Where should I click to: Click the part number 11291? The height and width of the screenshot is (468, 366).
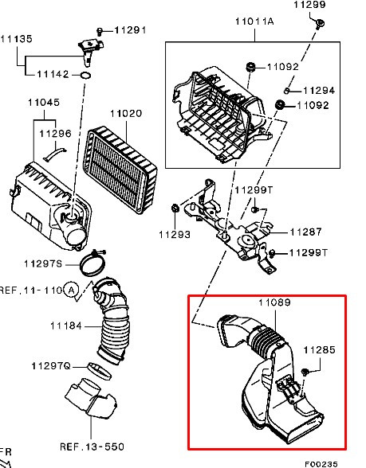click(x=130, y=30)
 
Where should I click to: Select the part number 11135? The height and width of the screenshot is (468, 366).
click(x=17, y=39)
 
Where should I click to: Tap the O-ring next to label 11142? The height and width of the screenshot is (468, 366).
click(x=86, y=75)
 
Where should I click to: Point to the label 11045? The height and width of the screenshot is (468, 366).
click(x=44, y=103)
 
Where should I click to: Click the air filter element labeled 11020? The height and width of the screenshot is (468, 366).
click(x=120, y=170)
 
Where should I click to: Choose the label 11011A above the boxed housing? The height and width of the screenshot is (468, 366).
click(x=254, y=21)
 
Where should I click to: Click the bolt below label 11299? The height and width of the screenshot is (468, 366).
click(x=320, y=24)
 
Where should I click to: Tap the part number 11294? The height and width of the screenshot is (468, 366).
click(x=319, y=91)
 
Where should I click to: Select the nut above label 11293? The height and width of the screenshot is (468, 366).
click(x=175, y=208)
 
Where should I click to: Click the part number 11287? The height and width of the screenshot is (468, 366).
click(x=305, y=232)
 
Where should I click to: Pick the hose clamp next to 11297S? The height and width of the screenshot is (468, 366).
click(x=93, y=263)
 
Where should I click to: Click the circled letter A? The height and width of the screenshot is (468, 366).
click(x=71, y=290)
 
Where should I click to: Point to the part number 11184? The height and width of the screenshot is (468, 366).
click(x=65, y=326)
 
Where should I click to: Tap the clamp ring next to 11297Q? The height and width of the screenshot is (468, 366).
click(x=99, y=371)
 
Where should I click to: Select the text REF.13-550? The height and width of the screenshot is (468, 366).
click(x=92, y=447)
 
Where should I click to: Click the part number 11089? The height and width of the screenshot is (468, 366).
click(x=274, y=302)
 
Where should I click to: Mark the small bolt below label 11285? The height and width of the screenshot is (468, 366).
click(x=305, y=372)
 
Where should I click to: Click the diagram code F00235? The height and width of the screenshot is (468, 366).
click(x=321, y=464)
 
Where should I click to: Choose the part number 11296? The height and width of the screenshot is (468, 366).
click(x=55, y=134)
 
